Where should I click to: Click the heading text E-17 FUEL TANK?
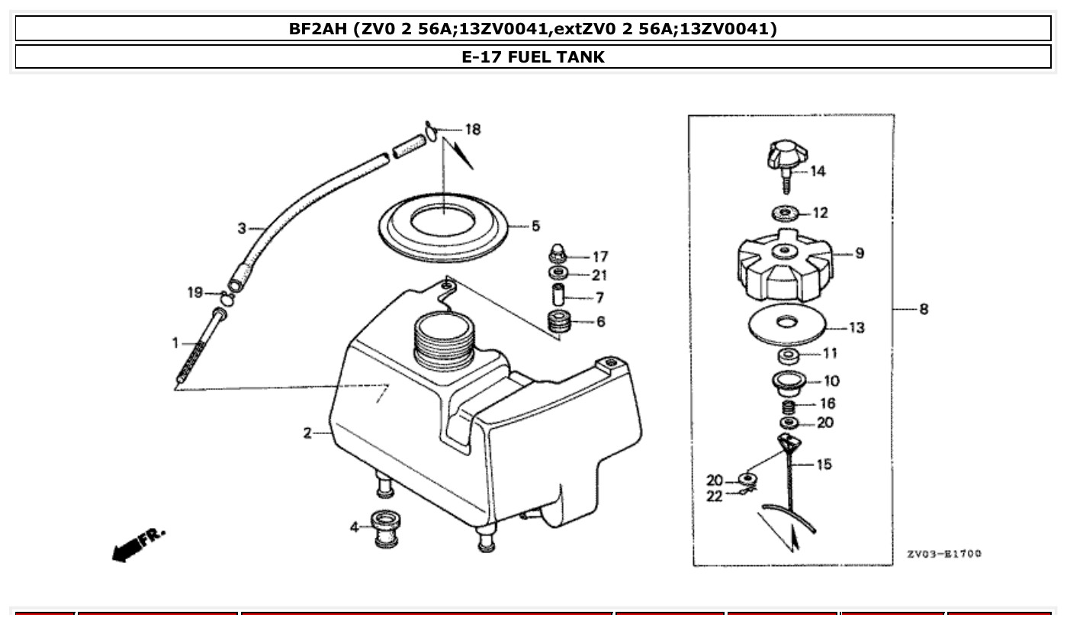(x=533, y=56)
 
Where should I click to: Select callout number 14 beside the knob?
(x=818, y=172)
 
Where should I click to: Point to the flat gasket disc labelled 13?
(x=785, y=323)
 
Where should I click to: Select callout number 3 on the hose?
(x=242, y=227)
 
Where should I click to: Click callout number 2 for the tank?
(x=307, y=433)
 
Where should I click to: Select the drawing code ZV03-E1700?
(x=944, y=553)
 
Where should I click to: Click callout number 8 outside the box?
(x=924, y=309)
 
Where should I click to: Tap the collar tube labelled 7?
(x=557, y=294)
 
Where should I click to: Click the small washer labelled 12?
(x=785, y=212)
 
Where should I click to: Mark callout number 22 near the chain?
(x=714, y=497)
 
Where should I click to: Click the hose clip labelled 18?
(x=432, y=132)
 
